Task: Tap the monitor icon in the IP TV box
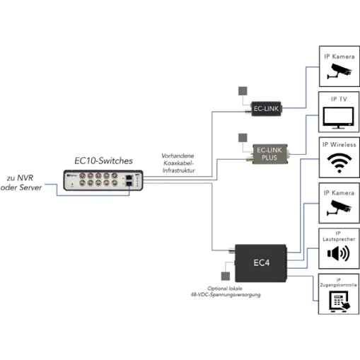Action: (337, 117)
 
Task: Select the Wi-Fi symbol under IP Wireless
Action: (337, 163)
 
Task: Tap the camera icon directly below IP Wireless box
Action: (337, 208)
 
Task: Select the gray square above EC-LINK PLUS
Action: (243, 137)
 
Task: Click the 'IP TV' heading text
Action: (337, 100)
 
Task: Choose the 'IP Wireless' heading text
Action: (337, 144)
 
